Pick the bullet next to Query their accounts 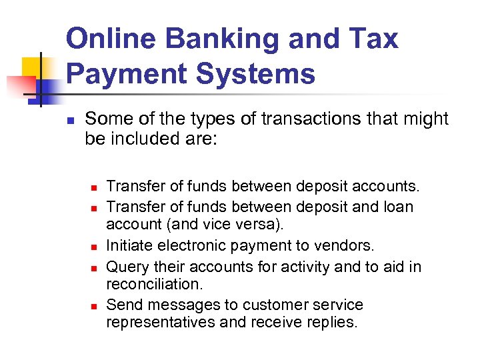point(95,267)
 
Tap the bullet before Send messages point(95,306)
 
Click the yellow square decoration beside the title point(33,69)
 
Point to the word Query point(125,267)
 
